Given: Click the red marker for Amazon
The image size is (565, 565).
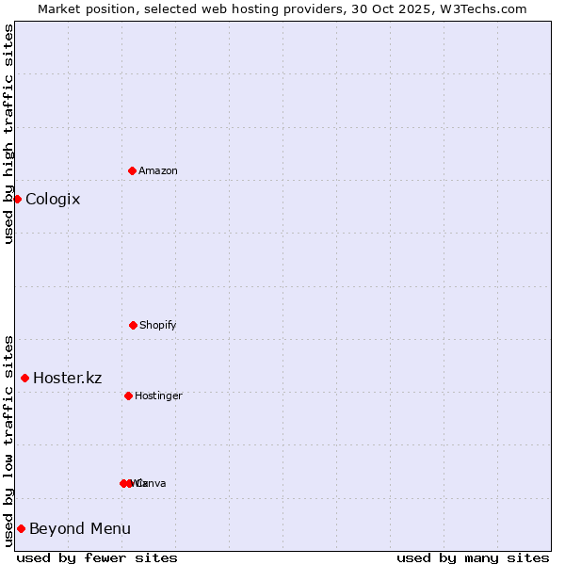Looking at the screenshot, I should coord(132,170).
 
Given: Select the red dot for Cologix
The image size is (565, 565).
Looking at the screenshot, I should coord(17,199).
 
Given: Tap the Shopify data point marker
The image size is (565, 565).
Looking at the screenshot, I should coord(133,325).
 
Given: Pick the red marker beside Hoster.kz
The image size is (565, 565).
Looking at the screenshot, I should coord(24,378).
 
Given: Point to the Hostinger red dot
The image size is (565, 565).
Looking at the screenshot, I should coord(128,395).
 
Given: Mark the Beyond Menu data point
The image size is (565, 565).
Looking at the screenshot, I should coord(21,528).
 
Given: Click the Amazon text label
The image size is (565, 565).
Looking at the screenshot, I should coord(158,170).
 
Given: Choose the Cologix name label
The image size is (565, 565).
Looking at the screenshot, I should coord(53,199).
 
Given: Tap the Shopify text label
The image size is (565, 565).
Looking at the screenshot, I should coord(158,325).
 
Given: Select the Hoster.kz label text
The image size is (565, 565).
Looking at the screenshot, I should coord(68,378).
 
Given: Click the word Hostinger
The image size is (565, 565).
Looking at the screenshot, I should coord(158,395).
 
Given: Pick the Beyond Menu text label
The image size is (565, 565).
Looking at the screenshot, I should coord(80,528).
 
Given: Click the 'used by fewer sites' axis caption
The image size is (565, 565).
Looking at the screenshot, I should coord(97,557).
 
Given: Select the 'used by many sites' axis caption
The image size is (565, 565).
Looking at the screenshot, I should coord(473,557).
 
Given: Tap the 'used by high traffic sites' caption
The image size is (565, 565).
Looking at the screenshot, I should coord(8,134).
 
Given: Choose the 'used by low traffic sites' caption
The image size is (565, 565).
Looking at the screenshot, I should coord(8,441).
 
